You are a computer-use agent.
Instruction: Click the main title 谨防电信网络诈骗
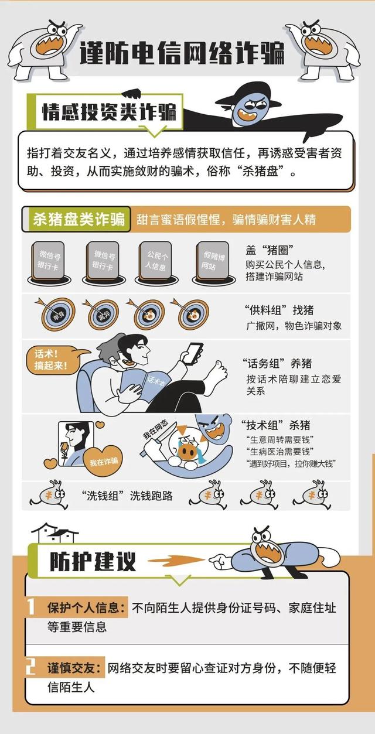click(182, 53)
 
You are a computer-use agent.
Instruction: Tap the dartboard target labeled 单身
click(57, 315)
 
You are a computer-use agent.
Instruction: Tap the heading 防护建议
click(94, 561)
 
